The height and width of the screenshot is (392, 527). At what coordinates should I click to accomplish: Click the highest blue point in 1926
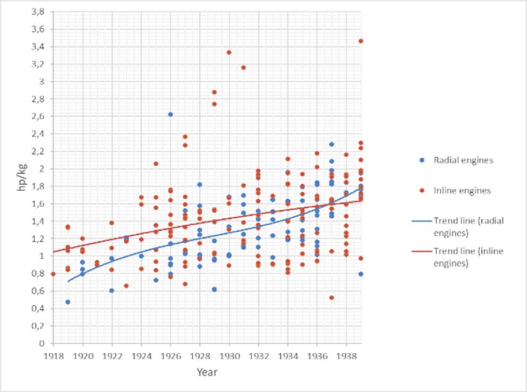(x=170, y=114)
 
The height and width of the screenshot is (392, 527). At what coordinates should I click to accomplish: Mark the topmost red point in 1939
(x=361, y=41)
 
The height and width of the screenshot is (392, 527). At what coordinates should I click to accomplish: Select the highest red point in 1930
(x=229, y=52)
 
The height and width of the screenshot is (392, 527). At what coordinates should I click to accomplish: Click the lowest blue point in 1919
(x=67, y=302)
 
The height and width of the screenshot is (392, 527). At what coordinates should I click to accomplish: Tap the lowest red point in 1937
(x=331, y=297)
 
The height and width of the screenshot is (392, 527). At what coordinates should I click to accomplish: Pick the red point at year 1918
(x=53, y=274)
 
